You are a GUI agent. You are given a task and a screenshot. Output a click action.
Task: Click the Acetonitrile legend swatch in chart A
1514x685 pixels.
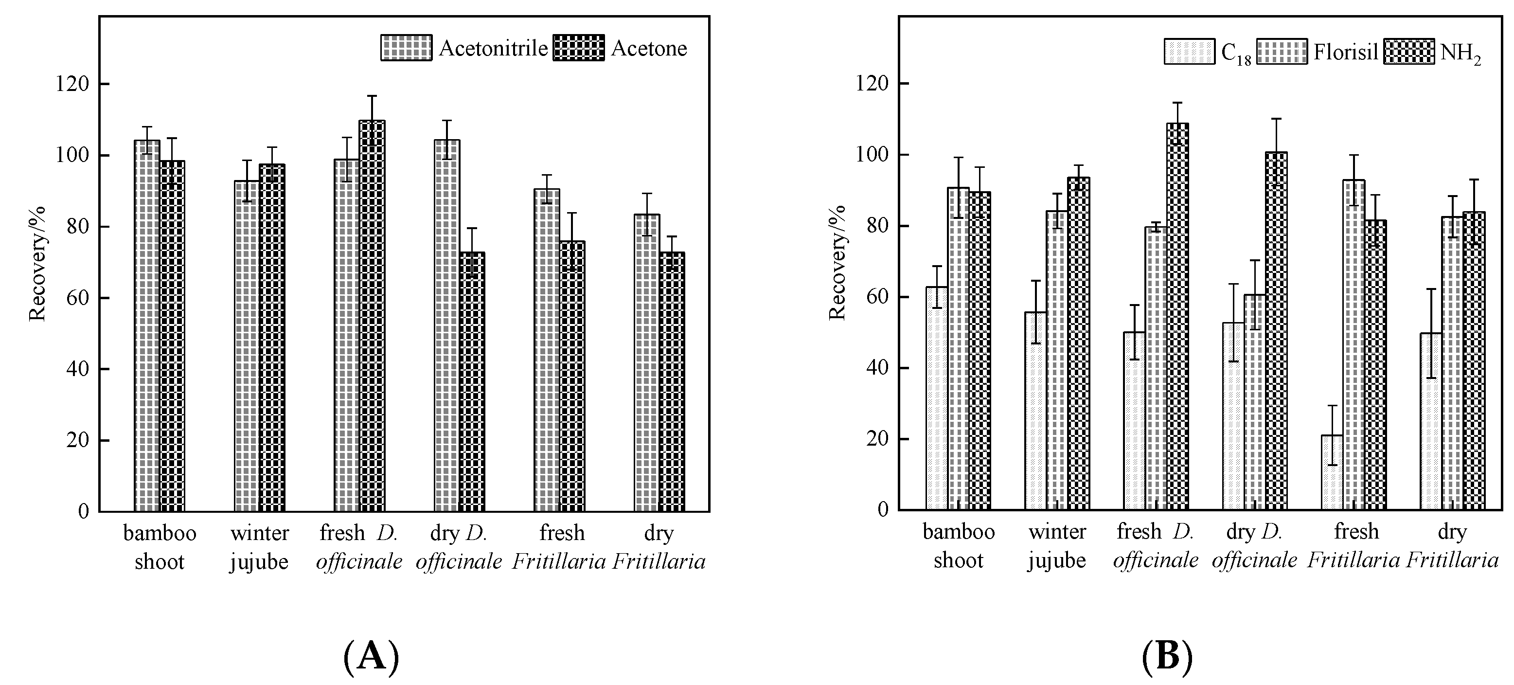click(x=406, y=48)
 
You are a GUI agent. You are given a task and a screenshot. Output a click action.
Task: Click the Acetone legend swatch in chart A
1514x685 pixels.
click(x=578, y=48)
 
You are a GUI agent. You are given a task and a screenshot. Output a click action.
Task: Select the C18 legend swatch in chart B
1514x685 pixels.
click(x=1189, y=51)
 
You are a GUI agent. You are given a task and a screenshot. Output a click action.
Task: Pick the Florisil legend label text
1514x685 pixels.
click(x=1346, y=53)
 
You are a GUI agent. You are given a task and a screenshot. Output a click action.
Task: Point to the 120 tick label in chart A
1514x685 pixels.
click(x=71, y=84)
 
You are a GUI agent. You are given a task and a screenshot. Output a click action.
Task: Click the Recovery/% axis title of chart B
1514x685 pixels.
click(x=837, y=263)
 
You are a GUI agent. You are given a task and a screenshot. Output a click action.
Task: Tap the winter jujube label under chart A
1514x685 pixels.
click(x=259, y=547)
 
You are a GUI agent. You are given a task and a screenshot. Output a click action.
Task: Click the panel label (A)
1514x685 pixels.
click(x=372, y=657)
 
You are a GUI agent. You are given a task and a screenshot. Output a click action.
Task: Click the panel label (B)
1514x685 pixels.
click(x=1167, y=657)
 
